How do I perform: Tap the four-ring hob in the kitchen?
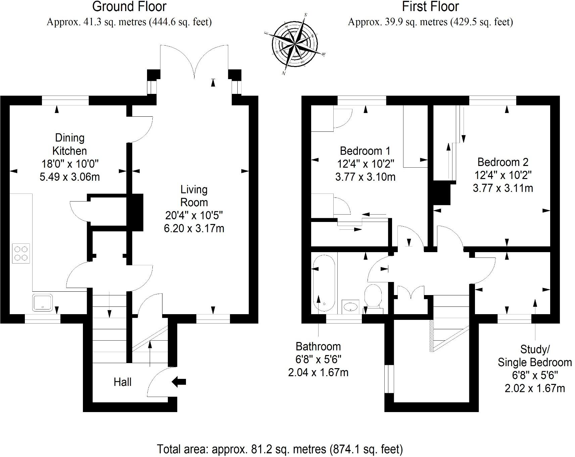pyautogui.click(x=21, y=253)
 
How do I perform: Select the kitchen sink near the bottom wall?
pyautogui.click(x=42, y=302)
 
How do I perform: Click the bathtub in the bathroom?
pyautogui.click(x=324, y=282)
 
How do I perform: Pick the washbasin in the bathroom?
pyautogui.click(x=350, y=306)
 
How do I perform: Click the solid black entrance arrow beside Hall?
pyautogui.click(x=179, y=382)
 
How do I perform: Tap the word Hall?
pyautogui.click(x=122, y=382)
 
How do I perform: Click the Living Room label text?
pyautogui.click(x=194, y=196)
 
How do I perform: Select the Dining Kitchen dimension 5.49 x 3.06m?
pyautogui.click(x=69, y=177)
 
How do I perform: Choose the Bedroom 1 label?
pyautogui.click(x=365, y=151)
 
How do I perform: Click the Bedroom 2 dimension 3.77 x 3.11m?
pyautogui.click(x=502, y=188)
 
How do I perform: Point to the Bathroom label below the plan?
pyautogui.click(x=318, y=346)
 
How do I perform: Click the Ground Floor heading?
pyautogui.click(x=129, y=6)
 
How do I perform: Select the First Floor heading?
pyautogui.click(x=430, y=6)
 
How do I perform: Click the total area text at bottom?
pyautogui.click(x=280, y=449)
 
